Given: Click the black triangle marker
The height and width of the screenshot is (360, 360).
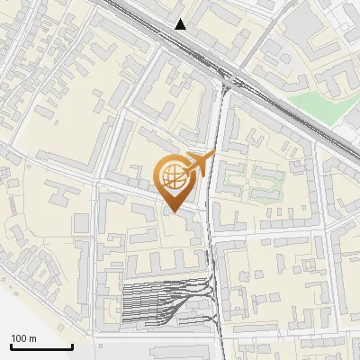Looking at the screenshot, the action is pyautogui.click(x=181, y=23).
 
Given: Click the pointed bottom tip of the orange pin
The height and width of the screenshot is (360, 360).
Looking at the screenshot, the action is pyautogui.click(x=172, y=211).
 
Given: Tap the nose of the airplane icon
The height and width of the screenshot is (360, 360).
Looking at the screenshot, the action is pyautogui.click(x=214, y=156).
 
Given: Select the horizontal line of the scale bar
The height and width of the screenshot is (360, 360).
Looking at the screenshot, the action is pyautogui.click(x=41, y=347).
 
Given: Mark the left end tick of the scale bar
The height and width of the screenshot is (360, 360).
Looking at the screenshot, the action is pyautogui.click(x=11, y=346).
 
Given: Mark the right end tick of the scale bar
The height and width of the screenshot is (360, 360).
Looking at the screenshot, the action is pyautogui.click(x=72, y=346).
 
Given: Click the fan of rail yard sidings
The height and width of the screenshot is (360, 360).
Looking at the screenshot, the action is pyautogui.click(x=162, y=301).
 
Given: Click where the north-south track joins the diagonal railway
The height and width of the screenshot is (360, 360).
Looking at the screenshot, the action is pyautogui.click(x=226, y=83).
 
